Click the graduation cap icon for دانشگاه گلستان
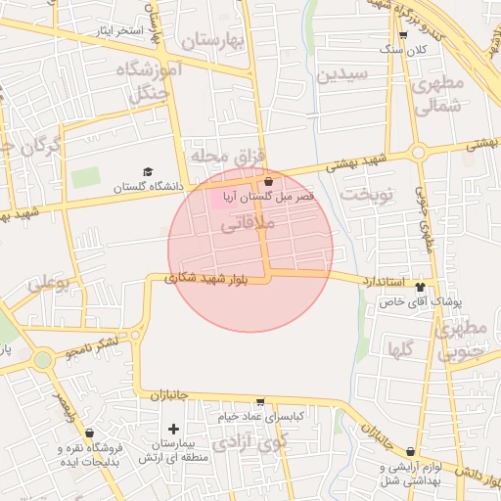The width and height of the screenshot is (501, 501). point(148,171)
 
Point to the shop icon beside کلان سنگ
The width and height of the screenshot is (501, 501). point(402,36)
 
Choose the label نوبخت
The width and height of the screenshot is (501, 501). point(365,194)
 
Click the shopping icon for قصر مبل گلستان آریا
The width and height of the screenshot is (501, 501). point(268,181)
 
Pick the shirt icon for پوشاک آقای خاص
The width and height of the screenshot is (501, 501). point(421,287)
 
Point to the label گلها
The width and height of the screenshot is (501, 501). point(400,348)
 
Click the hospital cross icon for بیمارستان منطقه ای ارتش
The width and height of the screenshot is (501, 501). point(174,429)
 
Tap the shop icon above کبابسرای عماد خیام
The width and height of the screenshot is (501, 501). point(260,402)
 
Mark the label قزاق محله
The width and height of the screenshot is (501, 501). point(223,156)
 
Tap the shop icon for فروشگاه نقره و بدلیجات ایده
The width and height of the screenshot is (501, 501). point(90,433)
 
